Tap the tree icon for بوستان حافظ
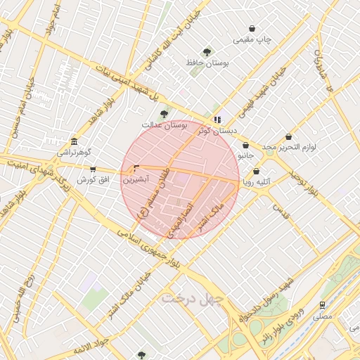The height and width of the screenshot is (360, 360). tap(207, 52)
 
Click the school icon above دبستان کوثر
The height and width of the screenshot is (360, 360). tap(217, 120)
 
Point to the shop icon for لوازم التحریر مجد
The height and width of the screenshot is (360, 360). tap(288, 137)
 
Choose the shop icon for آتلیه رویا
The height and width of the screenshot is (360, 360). tap(256, 171)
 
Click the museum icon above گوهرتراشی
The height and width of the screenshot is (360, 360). tap(74, 141)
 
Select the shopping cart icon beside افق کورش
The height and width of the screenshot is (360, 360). tap(93, 169)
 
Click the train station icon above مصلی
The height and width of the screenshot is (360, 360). tap(322, 305)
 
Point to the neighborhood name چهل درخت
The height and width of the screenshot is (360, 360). tap(191, 298)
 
